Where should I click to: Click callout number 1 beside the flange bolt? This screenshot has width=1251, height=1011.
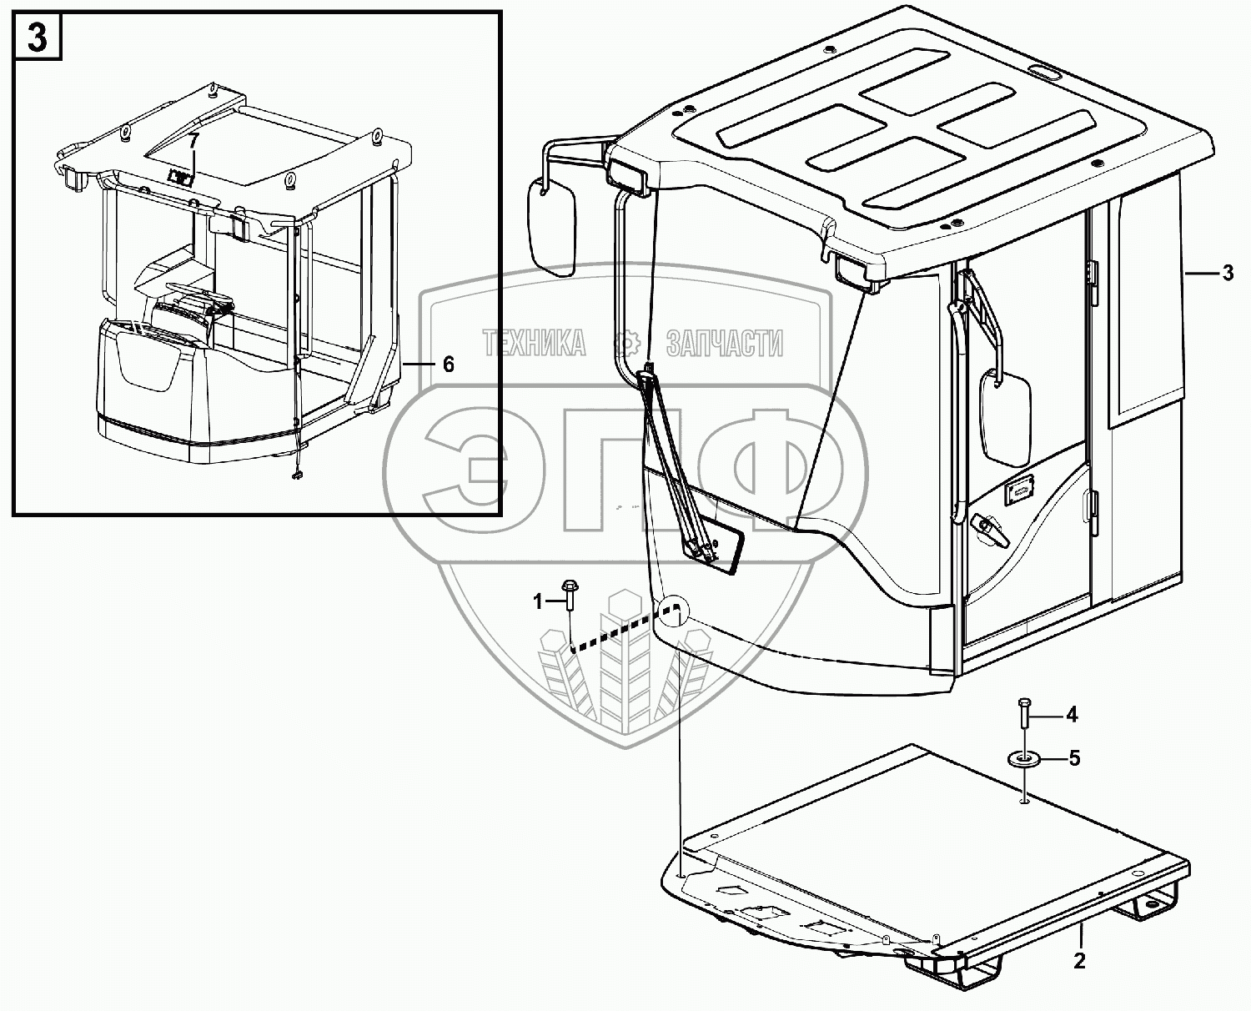coord(538,601)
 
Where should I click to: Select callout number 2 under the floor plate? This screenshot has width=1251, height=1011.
coord(1079,960)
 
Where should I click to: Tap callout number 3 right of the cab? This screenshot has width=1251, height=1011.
coord(1228,272)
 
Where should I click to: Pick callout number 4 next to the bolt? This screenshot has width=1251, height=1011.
coord(1072,714)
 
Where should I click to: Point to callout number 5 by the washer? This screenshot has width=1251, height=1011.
coord(1074,758)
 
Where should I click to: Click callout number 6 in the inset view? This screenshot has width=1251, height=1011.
coord(448,364)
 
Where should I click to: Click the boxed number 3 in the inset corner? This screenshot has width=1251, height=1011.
coord(38,38)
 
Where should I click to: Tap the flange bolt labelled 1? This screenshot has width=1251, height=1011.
coord(570,599)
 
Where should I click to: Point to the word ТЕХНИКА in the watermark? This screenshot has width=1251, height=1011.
coord(535,343)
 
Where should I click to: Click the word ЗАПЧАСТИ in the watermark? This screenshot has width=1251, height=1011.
coord(724,343)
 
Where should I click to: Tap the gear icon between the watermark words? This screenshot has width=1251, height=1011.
coord(625,343)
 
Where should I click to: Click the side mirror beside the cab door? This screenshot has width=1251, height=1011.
coord(1006,417)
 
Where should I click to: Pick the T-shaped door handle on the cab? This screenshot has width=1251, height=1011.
coord(987,527)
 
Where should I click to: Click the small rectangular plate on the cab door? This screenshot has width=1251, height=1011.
coord(1019,492)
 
